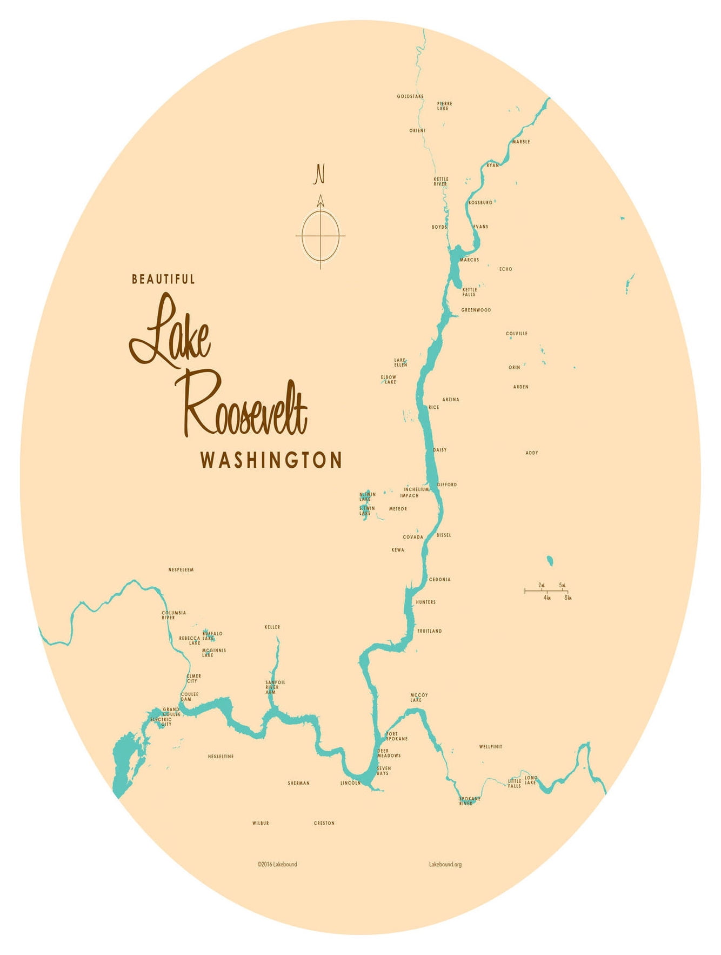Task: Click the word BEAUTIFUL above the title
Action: point(163,279)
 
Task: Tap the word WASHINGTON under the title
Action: point(271,460)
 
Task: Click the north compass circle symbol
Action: point(321,235)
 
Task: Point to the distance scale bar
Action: point(547,591)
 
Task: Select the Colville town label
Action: point(517,334)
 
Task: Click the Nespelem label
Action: point(181,569)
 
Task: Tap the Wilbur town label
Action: point(261,823)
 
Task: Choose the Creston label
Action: point(324,823)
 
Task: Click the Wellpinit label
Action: point(491,747)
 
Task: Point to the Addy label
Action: point(532,453)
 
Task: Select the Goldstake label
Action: point(410,96)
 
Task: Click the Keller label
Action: point(272,627)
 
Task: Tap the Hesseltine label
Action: point(221,757)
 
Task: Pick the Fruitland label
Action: point(430,631)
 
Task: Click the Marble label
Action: point(521,142)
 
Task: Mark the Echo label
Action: point(506,269)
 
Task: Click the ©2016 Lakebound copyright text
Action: point(277,864)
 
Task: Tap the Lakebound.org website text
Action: point(445,864)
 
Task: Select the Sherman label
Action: point(299,783)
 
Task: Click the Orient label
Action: point(418,130)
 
